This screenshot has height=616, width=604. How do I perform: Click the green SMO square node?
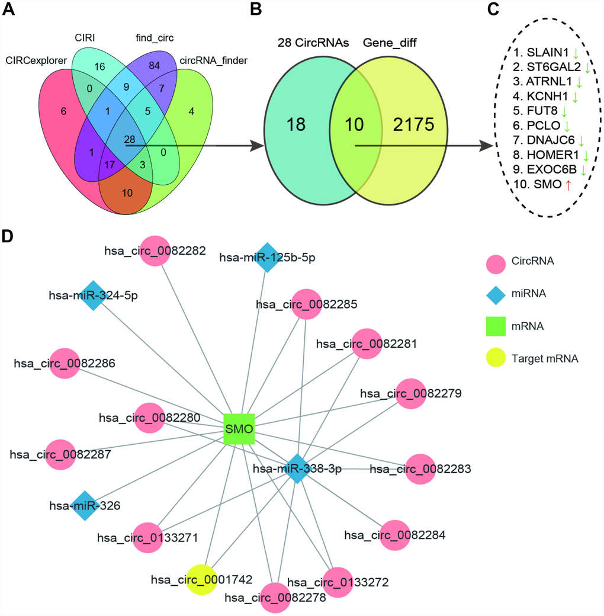[x=239, y=428]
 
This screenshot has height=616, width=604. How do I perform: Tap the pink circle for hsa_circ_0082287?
[x=61, y=455]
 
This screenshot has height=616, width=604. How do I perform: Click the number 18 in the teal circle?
[x=295, y=126]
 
